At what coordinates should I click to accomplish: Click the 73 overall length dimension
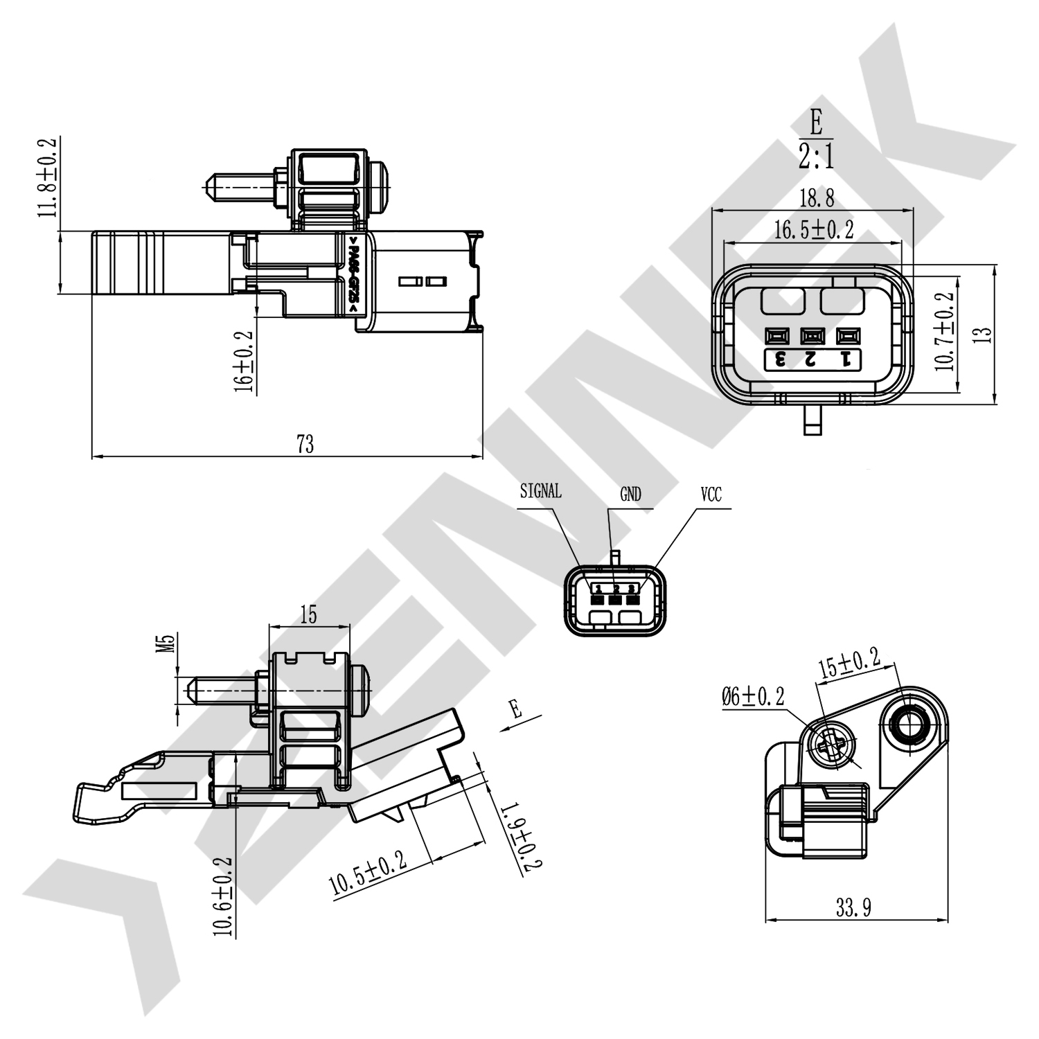pos(305,444)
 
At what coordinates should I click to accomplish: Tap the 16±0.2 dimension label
pos(243,361)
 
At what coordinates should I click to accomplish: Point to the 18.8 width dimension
pos(817,199)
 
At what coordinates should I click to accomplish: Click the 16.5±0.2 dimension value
pos(813,230)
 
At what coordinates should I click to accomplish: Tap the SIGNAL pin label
pos(540,491)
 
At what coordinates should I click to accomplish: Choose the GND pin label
pos(630,494)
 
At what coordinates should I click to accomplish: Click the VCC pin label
pos(711,494)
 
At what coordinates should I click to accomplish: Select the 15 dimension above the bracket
pos(309,614)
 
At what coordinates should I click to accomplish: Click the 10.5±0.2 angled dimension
pos(367,873)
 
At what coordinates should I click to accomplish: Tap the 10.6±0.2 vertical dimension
pos(223,897)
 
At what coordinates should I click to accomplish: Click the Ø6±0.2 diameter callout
pos(753,696)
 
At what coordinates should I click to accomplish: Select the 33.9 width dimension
pos(853,907)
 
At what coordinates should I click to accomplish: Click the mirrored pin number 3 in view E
pos(780,359)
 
